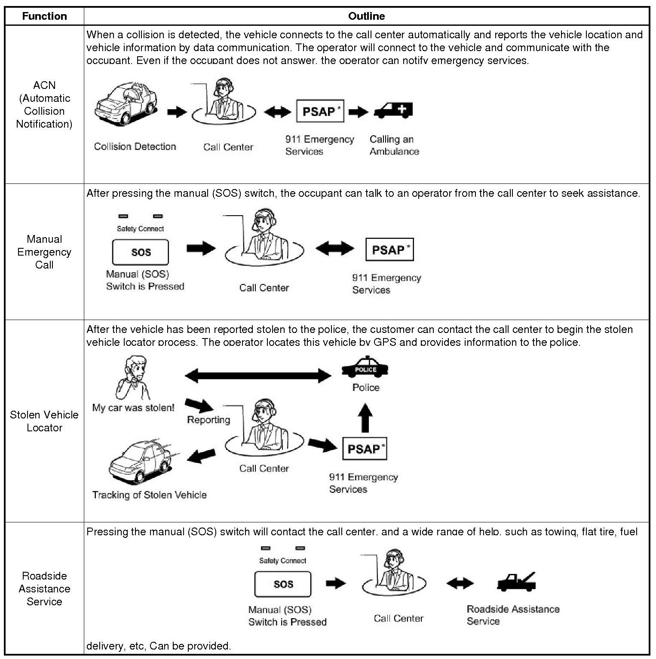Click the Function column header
[x=44, y=16]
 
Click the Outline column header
[x=366, y=16]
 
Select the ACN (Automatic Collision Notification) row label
[x=44, y=104]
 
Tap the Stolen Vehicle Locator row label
[x=44, y=421]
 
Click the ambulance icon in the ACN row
[x=393, y=111]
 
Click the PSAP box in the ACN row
[x=320, y=111]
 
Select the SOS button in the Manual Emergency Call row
[x=141, y=252]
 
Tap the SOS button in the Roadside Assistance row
[x=283, y=584]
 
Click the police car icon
[x=365, y=367]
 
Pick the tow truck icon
[x=517, y=582]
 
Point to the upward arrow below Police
[x=365, y=418]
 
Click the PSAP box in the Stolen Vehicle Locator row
[x=365, y=449]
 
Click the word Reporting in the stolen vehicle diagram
[x=208, y=420]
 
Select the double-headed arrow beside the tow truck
[x=460, y=583]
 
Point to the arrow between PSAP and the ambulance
[x=358, y=112]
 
